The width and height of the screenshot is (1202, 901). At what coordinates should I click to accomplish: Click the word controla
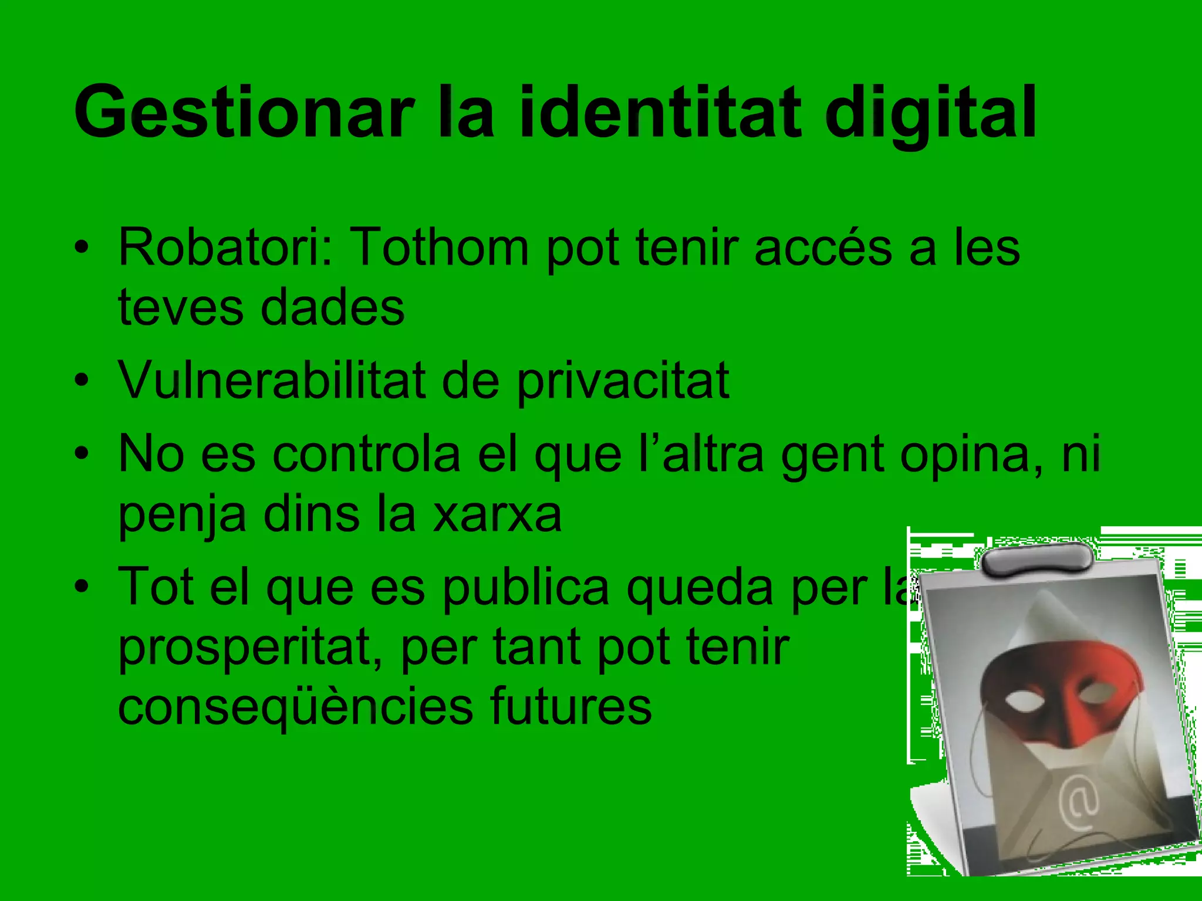coord(366,455)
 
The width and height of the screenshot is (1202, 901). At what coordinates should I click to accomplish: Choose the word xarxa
coord(497,515)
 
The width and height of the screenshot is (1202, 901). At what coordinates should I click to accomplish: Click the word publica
coord(526,588)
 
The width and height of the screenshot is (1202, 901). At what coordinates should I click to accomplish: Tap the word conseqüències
coord(295,707)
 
